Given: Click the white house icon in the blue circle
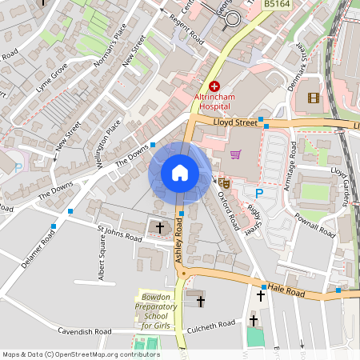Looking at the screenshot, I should [x=180, y=172].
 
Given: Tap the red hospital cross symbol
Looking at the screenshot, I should [x=214, y=86].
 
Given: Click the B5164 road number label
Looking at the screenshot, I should [x=278, y=4].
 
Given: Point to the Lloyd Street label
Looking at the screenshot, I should [x=236, y=122].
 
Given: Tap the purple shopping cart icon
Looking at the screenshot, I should [x=235, y=154].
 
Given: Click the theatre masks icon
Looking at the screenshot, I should [x=226, y=182].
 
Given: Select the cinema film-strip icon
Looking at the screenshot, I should [x=313, y=98].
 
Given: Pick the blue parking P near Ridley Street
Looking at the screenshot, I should [x=258, y=194].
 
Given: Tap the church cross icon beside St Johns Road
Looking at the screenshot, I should [x=159, y=228].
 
